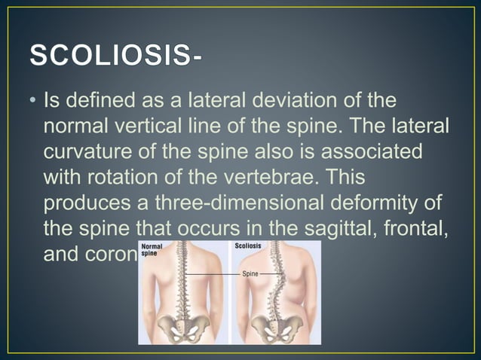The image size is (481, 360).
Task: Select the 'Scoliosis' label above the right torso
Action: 249,246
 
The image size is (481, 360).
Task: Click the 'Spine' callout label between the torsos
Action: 250,275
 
